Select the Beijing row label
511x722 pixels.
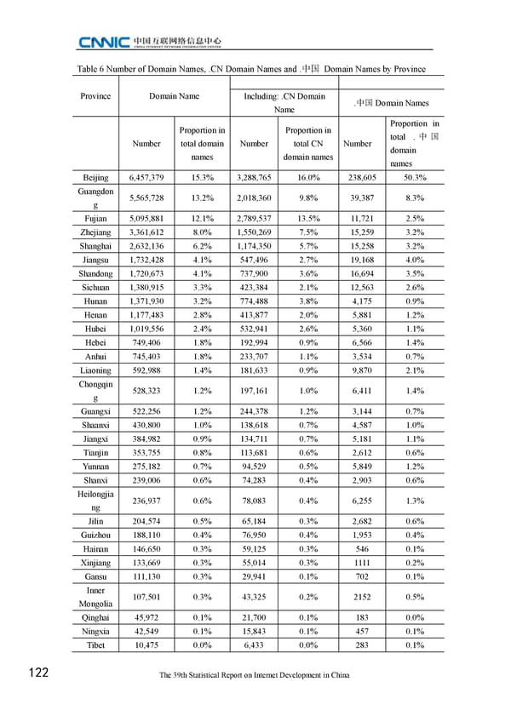point(95,177)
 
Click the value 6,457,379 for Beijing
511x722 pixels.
point(152,177)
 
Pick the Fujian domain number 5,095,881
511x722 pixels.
point(152,219)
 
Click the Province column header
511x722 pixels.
point(95,96)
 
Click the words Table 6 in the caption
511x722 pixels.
point(93,69)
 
